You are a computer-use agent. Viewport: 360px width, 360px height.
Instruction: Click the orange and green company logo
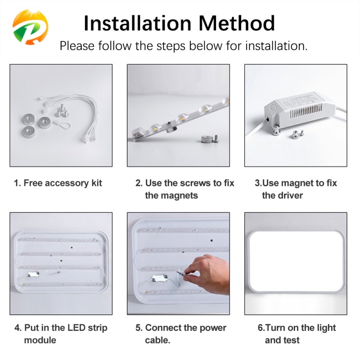pyautogui.click(x=30, y=27)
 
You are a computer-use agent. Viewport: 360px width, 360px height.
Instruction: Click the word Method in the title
pyautogui.click(x=236, y=23)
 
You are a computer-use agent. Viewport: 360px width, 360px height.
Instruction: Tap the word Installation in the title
pyautogui.click(x=137, y=23)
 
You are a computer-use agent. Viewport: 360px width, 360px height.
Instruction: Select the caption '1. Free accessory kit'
pyautogui.click(x=58, y=183)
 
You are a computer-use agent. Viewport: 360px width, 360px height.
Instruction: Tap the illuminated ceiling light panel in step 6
pyautogui.click(x=296, y=262)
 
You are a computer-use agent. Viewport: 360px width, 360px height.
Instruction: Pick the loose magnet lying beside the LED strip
pyautogui.click(x=207, y=139)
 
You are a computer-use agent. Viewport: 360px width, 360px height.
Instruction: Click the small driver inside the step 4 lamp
pyautogui.click(x=33, y=274)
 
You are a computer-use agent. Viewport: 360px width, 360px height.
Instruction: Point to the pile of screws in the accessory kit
pyautogui.click(x=62, y=111)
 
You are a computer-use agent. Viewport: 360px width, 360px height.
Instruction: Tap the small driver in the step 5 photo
pyautogui.click(x=160, y=279)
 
